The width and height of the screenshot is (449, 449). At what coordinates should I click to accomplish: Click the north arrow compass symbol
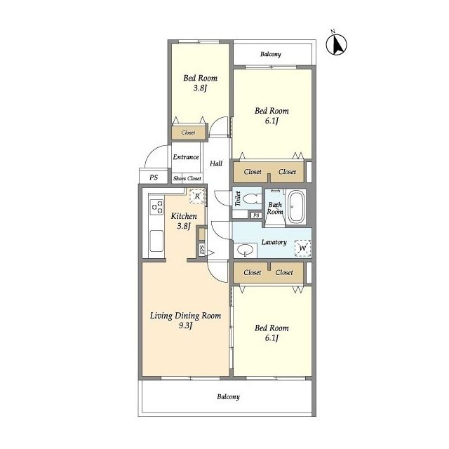coord(337,43)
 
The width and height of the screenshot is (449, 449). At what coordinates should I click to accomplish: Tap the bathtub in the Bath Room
coord(296,206)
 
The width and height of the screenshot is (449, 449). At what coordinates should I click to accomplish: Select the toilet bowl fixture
coord(251,198)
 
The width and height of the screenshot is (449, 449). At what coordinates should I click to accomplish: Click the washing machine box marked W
coord(302,248)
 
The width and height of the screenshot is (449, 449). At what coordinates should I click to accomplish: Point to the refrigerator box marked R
coord(197,196)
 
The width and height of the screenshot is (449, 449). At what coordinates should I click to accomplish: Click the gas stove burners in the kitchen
coord(156,207)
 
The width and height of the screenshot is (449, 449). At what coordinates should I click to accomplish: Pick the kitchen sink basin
coord(156,241)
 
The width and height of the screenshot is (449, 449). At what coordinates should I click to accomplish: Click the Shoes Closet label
coord(187,178)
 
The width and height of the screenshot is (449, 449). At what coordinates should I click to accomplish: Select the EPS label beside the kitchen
coord(202,250)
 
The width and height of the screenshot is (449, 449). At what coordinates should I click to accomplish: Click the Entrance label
coord(186,157)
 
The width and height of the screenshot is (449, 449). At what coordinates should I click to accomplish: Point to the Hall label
coord(216,163)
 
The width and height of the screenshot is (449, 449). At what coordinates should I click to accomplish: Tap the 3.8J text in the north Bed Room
coord(200,88)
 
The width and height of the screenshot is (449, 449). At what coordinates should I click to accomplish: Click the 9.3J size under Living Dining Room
coord(185,326)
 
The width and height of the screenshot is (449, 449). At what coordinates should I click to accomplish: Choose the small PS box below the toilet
coord(256,215)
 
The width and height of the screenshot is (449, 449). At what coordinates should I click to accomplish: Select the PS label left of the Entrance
coord(154,177)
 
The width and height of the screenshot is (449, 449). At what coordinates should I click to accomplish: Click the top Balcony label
coord(271,54)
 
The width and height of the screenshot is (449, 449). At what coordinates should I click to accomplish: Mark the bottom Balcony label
coord(228,396)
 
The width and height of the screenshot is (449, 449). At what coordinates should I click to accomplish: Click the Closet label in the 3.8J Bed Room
coord(188,133)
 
